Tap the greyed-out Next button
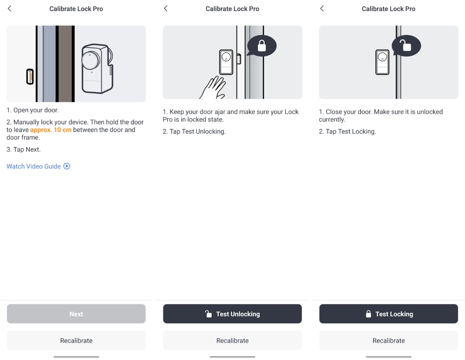click(x=76, y=314)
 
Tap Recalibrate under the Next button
click(x=76, y=340)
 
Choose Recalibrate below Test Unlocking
click(x=232, y=340)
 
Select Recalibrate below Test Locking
click(x=389, y=340)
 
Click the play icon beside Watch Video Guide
click(x=66, y=166)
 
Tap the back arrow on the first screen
click(x=9, y=9)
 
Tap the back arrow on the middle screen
click(x=166, y=9)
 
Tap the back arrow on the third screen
click(x=322, y=9)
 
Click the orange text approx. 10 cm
click(x=51, y=130)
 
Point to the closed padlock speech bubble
click(x=262, y=46)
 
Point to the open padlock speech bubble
click(x=406, y=46)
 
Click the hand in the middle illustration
click(x=213, y=88)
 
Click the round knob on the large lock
click(x=91, y=60)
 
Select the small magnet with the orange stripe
click(x=30, y=76)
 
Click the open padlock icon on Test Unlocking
click(x=208, y=314)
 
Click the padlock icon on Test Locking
click(x=368, y=314)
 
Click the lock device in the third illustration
click(x=383, y=62)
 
